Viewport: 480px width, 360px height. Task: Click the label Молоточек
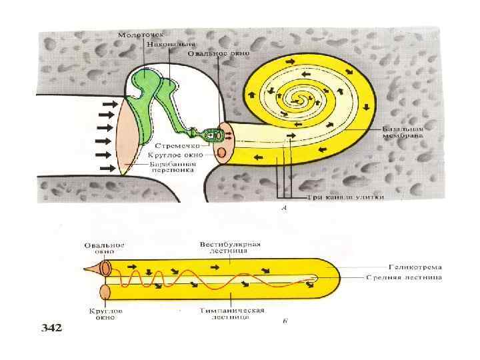pos(137,34)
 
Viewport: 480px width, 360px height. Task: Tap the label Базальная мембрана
pos(404,133)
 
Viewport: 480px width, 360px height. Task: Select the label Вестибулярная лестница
pos(225,247)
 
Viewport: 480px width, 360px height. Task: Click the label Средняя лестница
pos(404,277)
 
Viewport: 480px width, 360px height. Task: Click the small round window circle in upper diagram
pos(221,153)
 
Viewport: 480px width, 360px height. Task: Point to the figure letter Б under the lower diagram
pos(285,321)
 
